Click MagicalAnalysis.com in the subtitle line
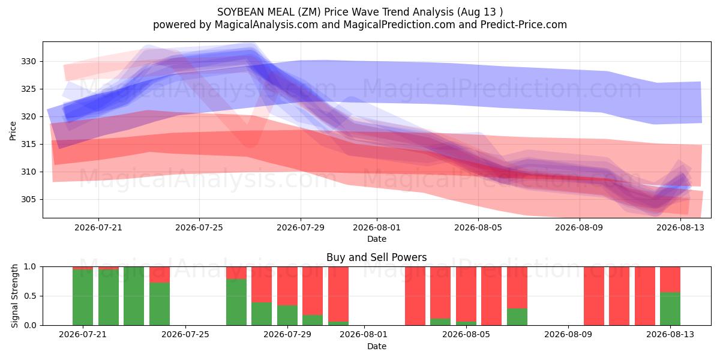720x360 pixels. tap(266, 25)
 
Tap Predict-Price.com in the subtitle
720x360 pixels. tap(524, 25)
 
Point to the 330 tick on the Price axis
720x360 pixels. tap(28, 61)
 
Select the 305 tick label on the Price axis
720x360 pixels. tap(28, 200)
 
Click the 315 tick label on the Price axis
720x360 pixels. tap(28, 145)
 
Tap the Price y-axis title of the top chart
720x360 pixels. tap(13, 131)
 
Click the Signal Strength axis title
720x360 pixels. tap(14, 296)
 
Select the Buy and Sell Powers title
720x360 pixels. tap(377, 257)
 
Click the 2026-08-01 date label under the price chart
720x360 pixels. tap(377, 227)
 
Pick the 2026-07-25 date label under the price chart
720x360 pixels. tap(199, 227)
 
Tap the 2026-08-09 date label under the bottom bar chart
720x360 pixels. tap(568, 335)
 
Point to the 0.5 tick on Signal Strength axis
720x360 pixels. tap(30, 296)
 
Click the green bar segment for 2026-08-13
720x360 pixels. tap(670, 308)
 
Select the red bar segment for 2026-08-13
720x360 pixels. tap(670, 280)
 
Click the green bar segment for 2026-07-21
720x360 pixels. tap(83, 298)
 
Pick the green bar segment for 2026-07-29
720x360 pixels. tap(287, 316)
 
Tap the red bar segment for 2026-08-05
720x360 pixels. tap(466, 294)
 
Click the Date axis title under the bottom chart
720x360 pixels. tap(377, 347)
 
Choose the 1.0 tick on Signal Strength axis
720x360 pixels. tap(30, 267)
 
